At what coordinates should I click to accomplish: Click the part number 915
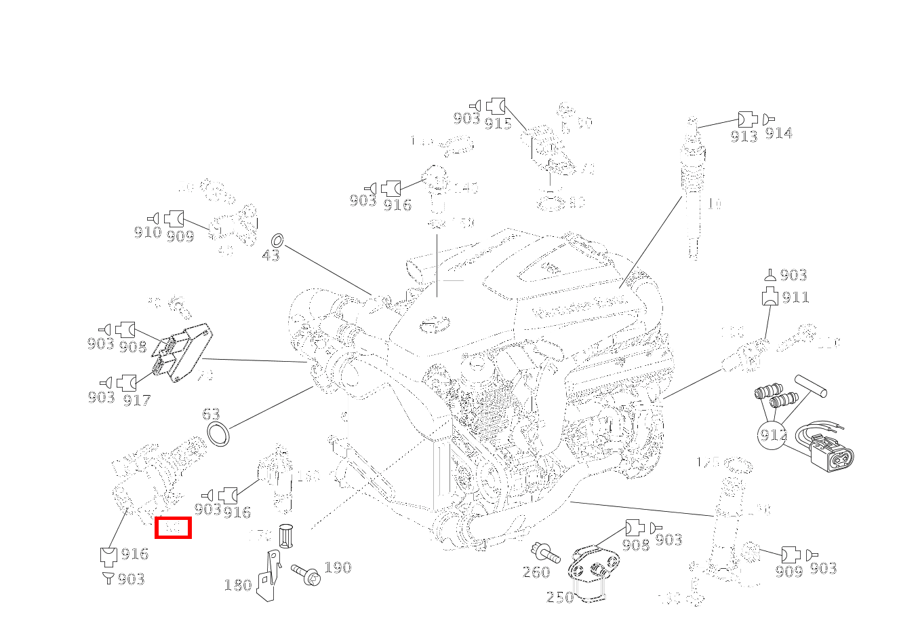(x=498, y=124)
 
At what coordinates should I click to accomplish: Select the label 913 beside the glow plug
(x=744, y=136)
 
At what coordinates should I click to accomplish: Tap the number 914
(x=778, y=134)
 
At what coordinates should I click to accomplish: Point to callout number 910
(x=147, y=233)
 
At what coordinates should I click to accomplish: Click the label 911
(x=795, y=297)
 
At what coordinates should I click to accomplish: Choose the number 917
(x=136, y=400)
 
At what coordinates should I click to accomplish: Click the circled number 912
(x=773, y=435)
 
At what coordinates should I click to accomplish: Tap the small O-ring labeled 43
(x=277, y=240)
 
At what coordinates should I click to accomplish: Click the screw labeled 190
(x=306, y=574)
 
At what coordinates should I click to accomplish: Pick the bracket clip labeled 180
(x=270, y=577)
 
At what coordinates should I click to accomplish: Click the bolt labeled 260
(x=546, y=553)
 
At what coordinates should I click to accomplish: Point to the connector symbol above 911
(x=770, y=276)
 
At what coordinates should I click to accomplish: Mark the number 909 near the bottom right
(x=788, y=572)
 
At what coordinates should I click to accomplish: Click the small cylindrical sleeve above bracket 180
(x=285, y=536)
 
